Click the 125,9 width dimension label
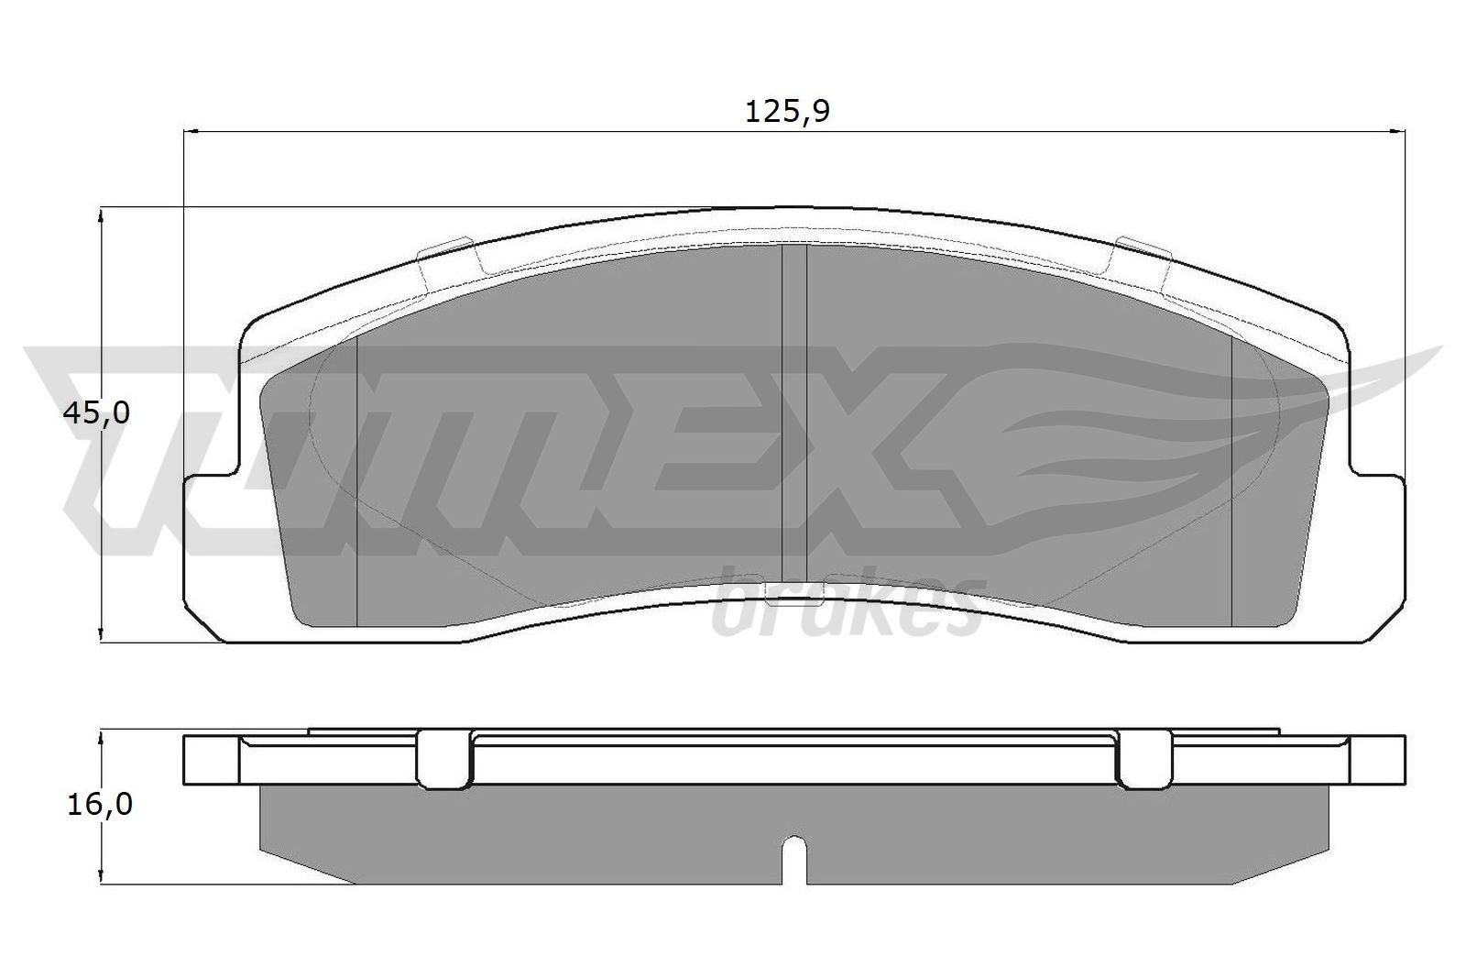pyautogui.click(x=787, y=112)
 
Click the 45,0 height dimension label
pyautogui.click(x=96, y=413)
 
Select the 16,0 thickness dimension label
pyautogui.click(x=99, y=805)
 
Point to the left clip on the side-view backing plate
pyautogui.click(x=444, y=759)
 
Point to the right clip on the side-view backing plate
pyautogui.click(x=1144, y=759)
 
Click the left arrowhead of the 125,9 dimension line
pyautogui.click(x=191, y=132)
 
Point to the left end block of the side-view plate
pyautogui.click(x=212, y=759)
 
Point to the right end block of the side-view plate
pyautogui.click(x=1377, y=759)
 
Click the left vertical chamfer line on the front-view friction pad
pyautogui.click(x=356, y=477)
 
